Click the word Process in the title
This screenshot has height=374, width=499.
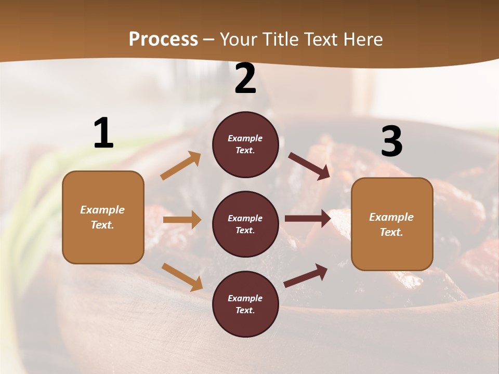163,39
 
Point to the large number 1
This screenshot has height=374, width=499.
103,133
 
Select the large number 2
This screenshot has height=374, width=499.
245,79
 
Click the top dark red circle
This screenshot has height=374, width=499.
245,144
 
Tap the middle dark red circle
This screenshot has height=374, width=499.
245,224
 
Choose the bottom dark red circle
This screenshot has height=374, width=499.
245,304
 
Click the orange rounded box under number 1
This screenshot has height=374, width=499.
103,217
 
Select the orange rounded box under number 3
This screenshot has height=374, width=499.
392,224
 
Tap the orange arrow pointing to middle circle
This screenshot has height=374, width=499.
182,220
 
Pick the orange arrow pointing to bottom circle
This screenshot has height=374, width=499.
182,277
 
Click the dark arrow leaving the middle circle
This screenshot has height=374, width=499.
308,219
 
